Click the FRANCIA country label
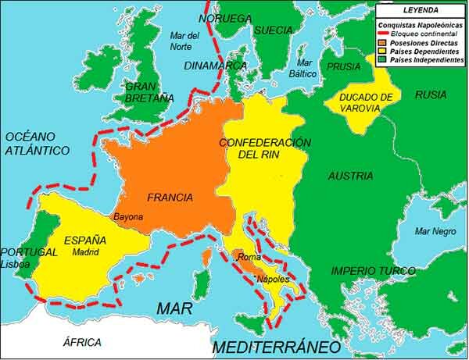coord(169,198)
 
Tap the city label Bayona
coord(128,216)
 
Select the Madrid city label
coord(86,253)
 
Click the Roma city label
coord(249,257)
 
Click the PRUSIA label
coord(344,66)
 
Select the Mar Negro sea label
coord(435,231)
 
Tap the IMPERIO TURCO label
coord(373,271)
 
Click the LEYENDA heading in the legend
coord(420,10)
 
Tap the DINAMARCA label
coord(216,66)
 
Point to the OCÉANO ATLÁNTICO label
coord(37,143)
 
